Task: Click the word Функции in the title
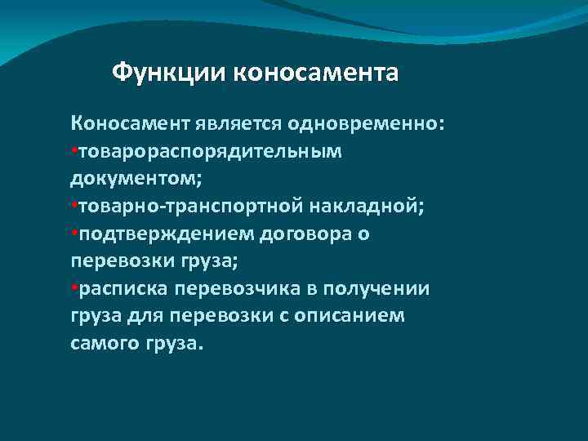[169, 73]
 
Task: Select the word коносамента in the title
[316, 73]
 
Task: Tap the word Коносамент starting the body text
[131, 123]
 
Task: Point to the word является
[237, 123]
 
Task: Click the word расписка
[118, 290]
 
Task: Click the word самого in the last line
[103, 345]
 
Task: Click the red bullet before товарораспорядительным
[73, 151]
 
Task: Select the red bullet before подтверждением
[73, 234]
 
